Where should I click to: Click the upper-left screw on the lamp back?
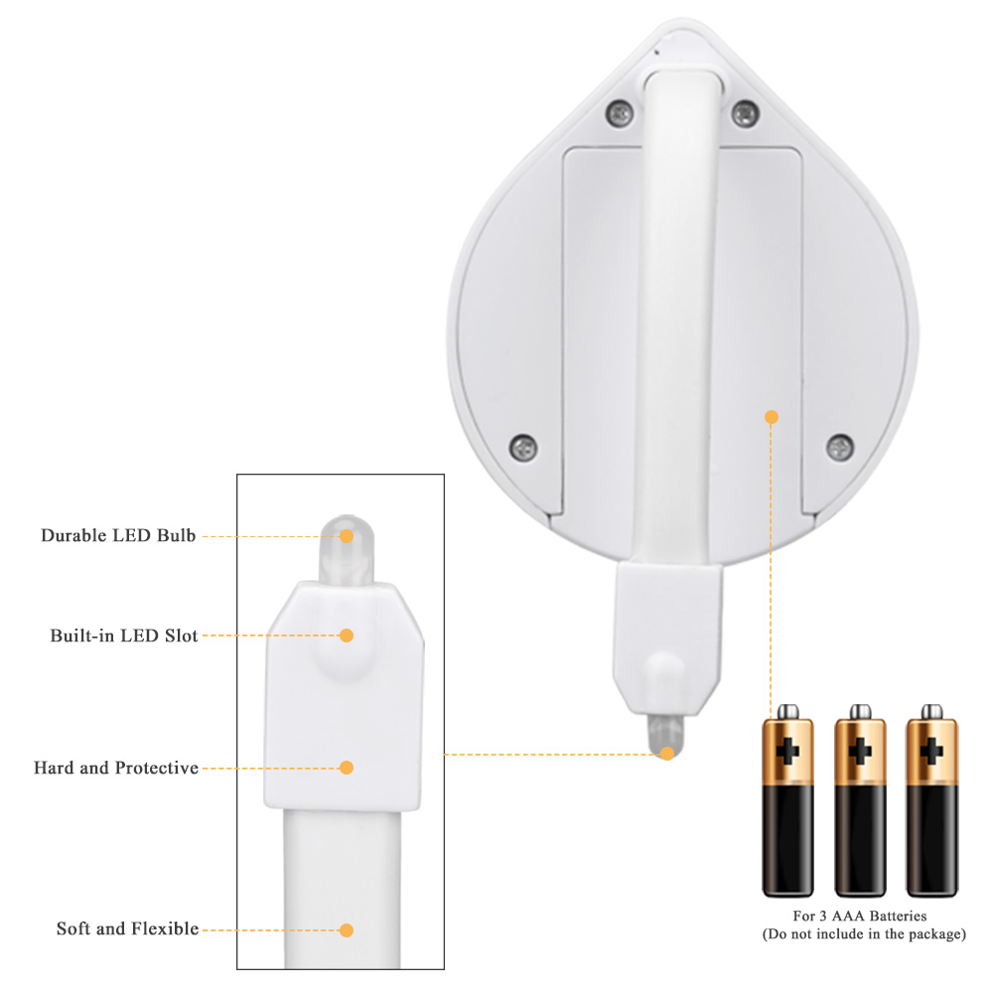click(x=620, y=114)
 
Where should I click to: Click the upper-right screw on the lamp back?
click(x=745, y=114)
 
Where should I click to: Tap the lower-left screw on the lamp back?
click(x=523, y=448)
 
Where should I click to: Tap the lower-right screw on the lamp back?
click(x=840, y=448)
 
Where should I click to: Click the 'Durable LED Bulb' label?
click(x=118, y=535)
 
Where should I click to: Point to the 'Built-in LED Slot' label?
click(x=124, y=636)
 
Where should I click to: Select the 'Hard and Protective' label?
click(x=116, y=768)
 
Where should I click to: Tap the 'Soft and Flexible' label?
click(x=127, y=928)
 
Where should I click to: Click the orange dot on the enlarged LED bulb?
click(x=347, y=536)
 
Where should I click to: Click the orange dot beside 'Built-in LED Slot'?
click(x=347, y=636)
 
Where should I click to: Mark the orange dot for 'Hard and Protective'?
click(x=347, y=768)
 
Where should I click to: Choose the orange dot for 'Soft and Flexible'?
click(x=347, y=930)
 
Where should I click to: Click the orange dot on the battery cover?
click(x=772, y=417)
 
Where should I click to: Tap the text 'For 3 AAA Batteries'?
click(x=860, y=916)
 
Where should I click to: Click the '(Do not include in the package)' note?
click(x=864, y=933)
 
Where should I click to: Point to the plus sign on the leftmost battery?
click(x=787, y=752)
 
